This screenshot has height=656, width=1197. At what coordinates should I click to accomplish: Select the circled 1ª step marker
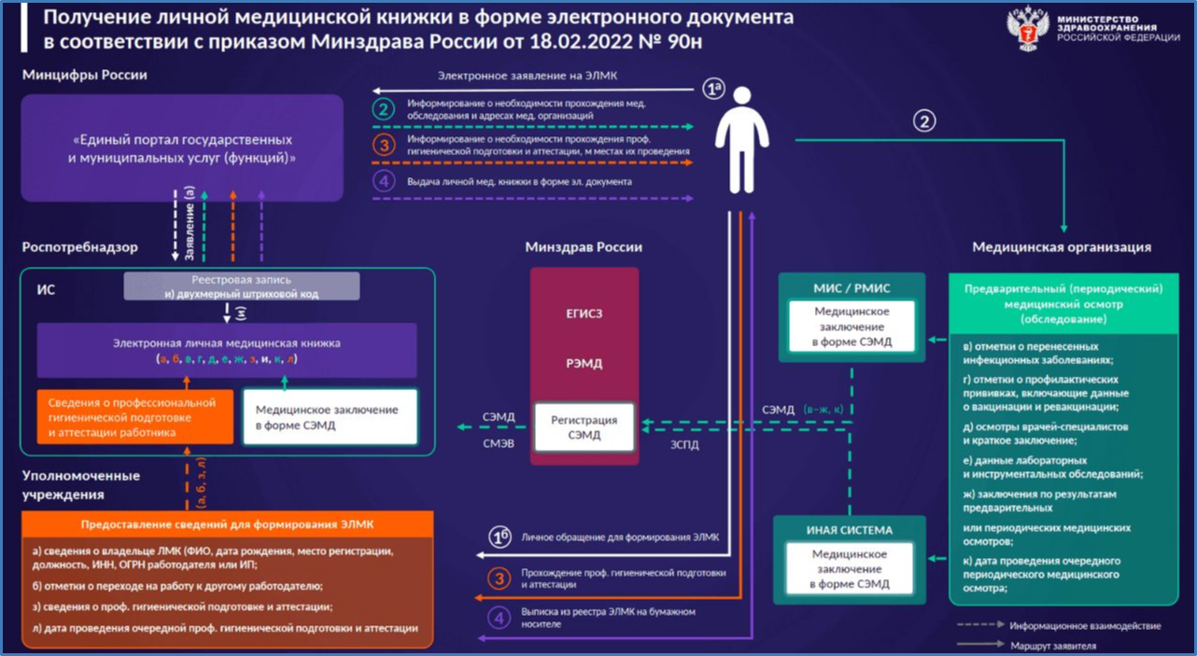tap(714, 90)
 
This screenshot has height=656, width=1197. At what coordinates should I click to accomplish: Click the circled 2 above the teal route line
tap(924, 121)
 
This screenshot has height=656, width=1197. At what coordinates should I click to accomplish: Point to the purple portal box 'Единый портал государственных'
tap(183, 149)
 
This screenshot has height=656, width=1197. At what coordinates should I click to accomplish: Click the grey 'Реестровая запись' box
tap(242, 286)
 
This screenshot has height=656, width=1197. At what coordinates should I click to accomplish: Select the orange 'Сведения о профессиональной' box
tap(135, 417)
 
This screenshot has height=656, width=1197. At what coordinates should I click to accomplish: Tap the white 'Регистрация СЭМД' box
tap(584, 427)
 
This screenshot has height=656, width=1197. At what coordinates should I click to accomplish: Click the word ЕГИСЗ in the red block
tap(584, 314)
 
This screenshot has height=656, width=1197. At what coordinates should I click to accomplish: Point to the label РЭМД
tap(584, 364)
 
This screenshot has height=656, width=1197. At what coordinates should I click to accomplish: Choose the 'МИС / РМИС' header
tap(852, 288)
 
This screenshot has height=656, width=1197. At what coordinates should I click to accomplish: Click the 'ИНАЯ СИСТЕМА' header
tap(850, 530)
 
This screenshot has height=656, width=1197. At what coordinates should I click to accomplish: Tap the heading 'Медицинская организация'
tap(1062, 247)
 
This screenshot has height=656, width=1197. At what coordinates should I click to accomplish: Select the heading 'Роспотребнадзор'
tap(80, 247)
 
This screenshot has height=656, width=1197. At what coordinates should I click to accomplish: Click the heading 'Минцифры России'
tap(85, 75)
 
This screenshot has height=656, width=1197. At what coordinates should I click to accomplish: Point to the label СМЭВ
tap(498, 444)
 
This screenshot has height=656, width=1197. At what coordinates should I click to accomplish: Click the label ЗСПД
tap(684, 445)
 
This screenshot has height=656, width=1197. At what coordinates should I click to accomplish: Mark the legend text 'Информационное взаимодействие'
tap(1085, 625)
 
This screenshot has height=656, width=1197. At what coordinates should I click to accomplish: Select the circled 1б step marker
tap(500, 537)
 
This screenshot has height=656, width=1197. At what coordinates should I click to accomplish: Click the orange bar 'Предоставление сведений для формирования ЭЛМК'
tap(229, 524)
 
